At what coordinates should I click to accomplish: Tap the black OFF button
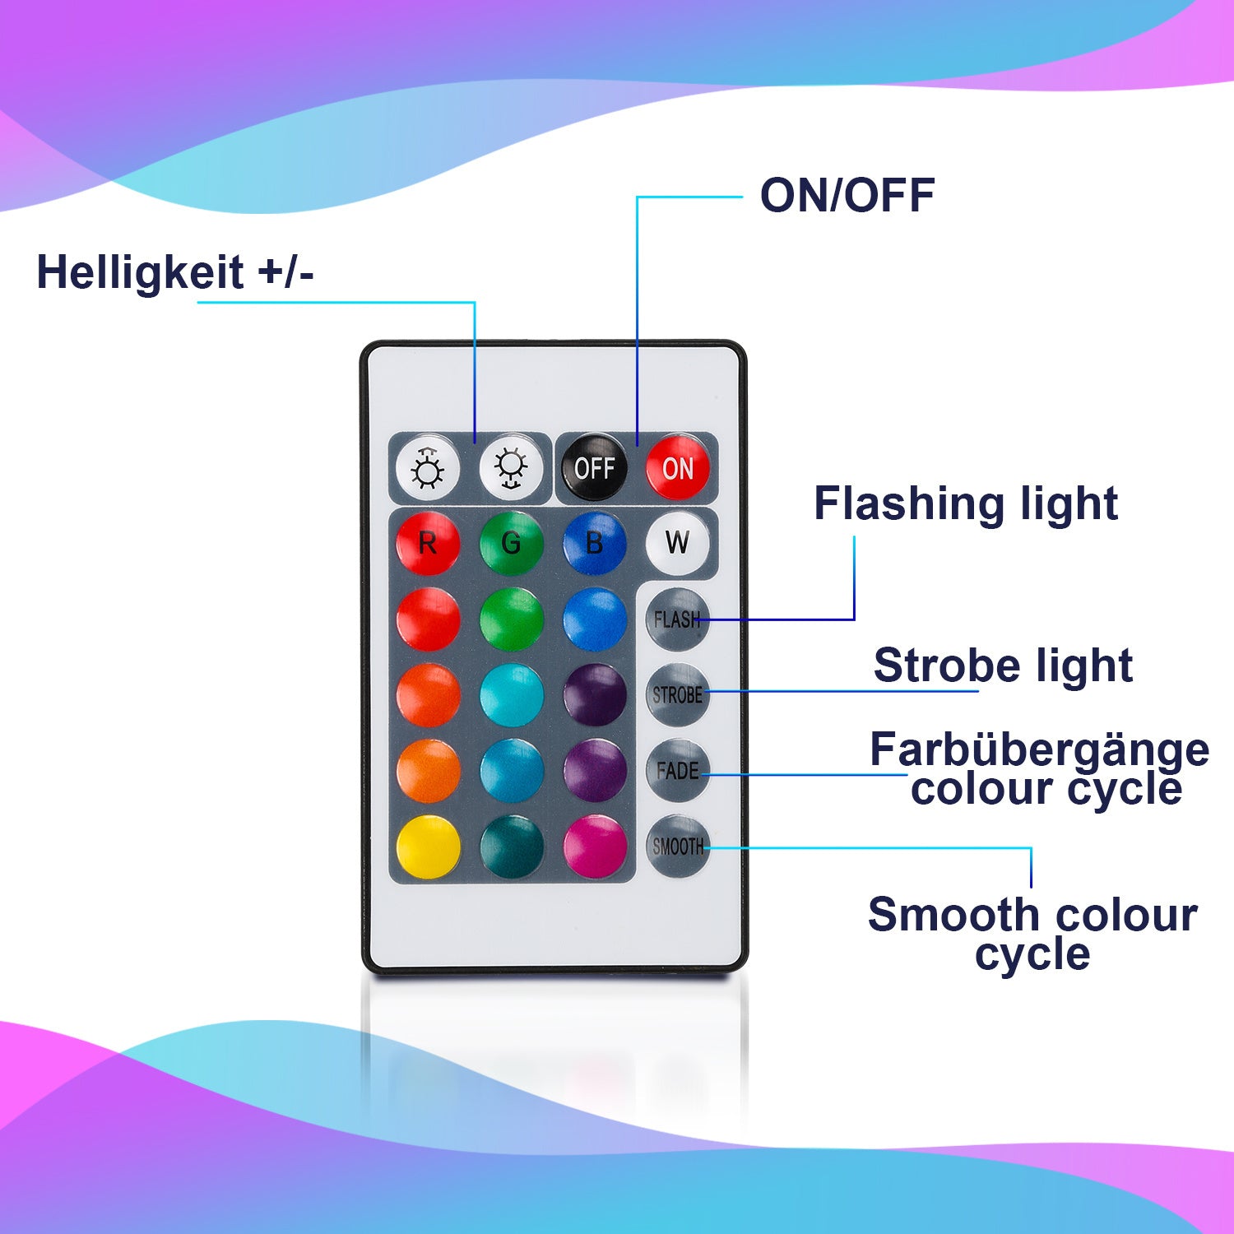(x=594, y=467)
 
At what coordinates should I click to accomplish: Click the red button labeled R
(x=428, y=543)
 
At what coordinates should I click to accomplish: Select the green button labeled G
(x=511, y=543)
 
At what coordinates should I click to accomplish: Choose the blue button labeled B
(x=594, y=543)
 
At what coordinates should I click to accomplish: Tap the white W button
(x=677, y=543)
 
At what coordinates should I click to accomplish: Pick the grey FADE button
(x=677, y=771)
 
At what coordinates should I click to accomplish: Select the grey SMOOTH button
(x=677, y=847)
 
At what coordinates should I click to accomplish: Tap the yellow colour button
(x=428, y=847)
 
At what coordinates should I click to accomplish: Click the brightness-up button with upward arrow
(x=428, y=467)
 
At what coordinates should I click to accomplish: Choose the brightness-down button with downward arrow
(x=511, y=467)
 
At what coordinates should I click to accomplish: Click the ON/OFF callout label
(x=847, y=196)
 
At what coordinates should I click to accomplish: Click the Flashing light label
(x=965, y=503)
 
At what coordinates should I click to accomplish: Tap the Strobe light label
(x=1003, y=665)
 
